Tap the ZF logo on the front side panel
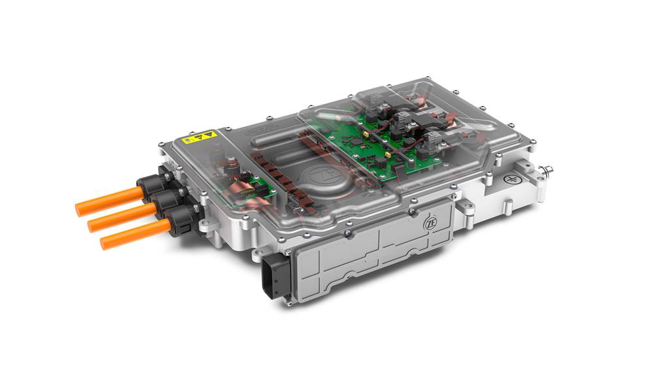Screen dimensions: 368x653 [430, 222]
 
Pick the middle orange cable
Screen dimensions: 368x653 [121, 218]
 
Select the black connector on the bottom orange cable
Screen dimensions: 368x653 [178, 223]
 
